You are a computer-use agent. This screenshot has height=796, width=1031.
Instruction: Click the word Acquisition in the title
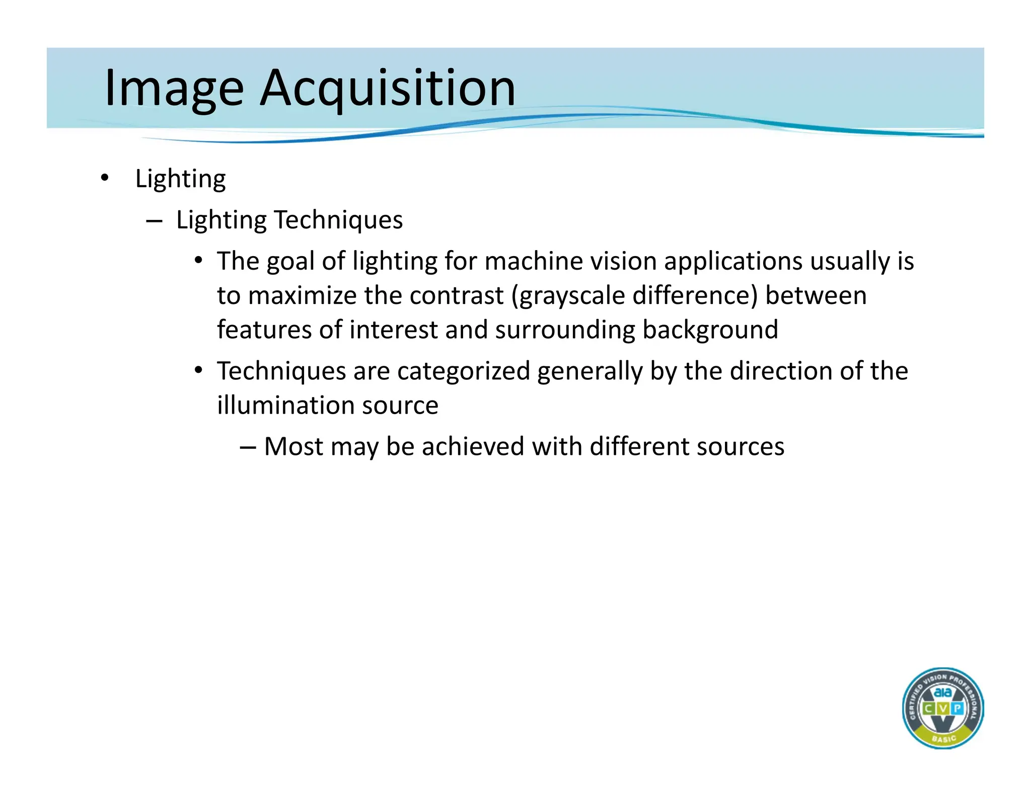(388, 89)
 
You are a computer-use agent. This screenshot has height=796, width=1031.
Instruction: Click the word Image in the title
(174, 89)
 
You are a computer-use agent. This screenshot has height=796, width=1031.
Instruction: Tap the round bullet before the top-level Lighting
(104, 178)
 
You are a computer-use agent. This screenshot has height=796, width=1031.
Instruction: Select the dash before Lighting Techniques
(154, 220)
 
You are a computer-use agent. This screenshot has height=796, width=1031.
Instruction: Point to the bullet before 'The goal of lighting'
(199, 261)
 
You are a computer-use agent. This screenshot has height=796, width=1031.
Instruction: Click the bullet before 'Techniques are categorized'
(199, 370)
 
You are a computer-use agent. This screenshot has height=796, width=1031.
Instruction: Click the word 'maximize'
(303, 296)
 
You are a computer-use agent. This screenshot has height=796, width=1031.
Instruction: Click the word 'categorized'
(463, 371)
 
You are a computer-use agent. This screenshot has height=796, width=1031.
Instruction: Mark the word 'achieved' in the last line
(473, 447)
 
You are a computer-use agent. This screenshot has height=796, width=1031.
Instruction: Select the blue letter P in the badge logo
(957, 708)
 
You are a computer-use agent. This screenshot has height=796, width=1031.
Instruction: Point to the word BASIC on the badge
(943, 738)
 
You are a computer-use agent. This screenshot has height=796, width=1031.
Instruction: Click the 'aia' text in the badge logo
(942, 693)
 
